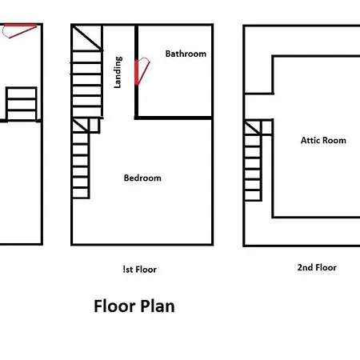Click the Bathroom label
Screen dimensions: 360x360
(x=186, y=54)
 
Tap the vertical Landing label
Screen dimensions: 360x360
(x=118, y=72)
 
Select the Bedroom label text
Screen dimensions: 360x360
(x=142, y=178)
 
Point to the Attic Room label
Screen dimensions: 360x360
(x=323, y=140)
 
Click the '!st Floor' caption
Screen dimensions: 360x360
(x=140, y=270)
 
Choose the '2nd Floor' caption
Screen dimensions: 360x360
(x=317, y=267)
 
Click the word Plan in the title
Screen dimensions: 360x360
(x=158, y=306)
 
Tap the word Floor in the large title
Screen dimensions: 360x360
(x=114, y=306)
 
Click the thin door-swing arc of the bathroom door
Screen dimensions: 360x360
(x=144, y=58)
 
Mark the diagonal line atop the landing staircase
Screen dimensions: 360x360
(x=87, y=38)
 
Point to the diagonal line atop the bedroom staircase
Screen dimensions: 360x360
(x=80, y=126)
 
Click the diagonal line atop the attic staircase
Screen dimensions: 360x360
(x=253, y=128)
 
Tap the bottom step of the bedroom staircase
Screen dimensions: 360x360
(x=81, y=193)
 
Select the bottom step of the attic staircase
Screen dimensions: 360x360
(x=253, y=195)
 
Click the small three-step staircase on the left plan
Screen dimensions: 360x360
(x=22, y=104)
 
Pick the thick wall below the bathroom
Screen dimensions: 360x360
(x=174, y=118)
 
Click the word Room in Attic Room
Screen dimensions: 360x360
(x=336, y=140)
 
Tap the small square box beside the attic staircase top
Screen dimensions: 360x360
(x=267, y=128)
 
